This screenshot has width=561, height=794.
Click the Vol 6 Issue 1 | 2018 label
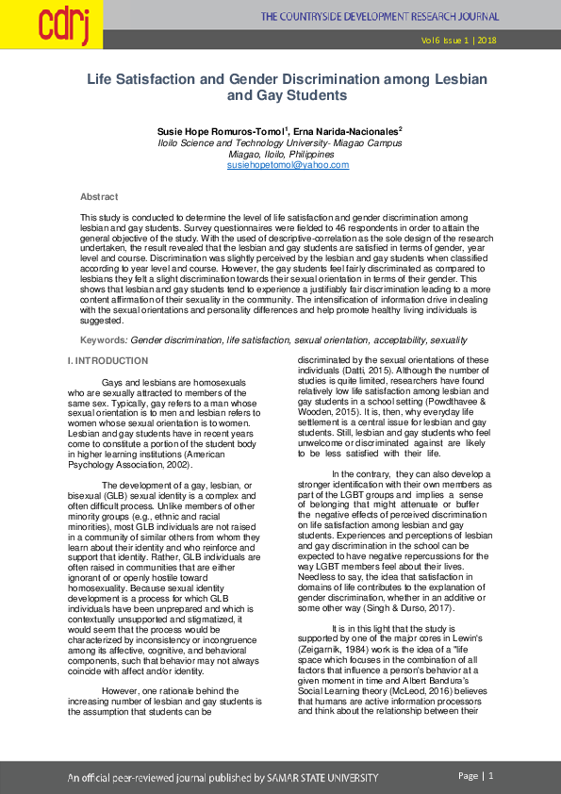coord(459,41)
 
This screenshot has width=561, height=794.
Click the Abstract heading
coord(99,196)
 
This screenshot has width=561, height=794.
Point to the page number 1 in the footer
coord(491,775)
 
